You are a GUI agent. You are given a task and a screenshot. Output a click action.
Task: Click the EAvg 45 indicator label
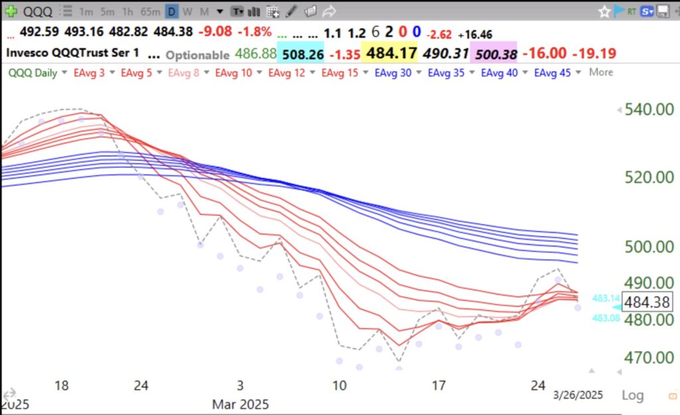552,72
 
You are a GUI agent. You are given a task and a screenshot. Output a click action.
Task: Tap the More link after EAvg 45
601,72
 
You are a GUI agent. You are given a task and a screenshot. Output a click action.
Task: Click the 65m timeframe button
151,11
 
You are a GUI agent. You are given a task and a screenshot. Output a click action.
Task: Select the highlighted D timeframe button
171,11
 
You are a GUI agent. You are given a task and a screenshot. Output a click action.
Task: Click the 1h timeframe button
129,11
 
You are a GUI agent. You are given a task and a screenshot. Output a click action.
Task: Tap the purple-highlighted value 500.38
493,53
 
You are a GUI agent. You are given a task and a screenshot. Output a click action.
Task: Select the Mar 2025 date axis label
240,404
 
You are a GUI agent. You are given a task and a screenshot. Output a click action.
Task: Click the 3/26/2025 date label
578,394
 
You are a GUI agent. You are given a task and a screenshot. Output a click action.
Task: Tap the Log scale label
632,395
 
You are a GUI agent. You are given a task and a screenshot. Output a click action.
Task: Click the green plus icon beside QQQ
10,11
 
